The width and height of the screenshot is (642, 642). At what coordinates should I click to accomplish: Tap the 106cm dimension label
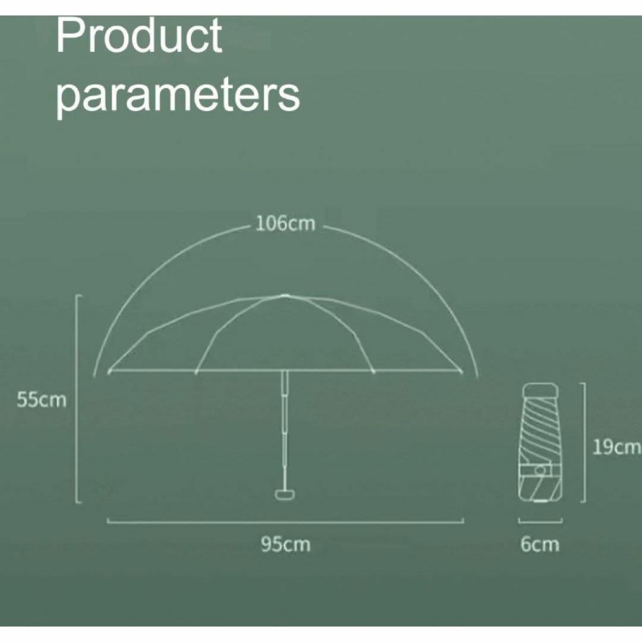(x=285, y=224)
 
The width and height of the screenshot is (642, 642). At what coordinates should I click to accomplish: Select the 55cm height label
(x=42, y=399)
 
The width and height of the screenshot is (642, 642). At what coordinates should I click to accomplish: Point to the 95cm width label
(x=285, y=545)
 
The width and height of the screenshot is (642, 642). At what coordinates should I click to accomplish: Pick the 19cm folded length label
(x=616, y=447)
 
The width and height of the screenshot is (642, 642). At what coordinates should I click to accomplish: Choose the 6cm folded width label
(x=540, y=545)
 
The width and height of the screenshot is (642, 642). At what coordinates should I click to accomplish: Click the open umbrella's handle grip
(x=285, y=494)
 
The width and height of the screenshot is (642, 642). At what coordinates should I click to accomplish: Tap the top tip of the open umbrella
(x=285, y=295)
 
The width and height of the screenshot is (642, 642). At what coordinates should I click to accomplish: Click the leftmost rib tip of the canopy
(x=109, y=372)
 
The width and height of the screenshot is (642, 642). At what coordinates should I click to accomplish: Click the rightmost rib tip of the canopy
(x=461, y=372)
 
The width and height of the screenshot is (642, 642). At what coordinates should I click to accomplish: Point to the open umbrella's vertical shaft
(x=285, y=430)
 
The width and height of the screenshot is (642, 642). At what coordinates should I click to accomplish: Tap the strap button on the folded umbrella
(x=541, y=470)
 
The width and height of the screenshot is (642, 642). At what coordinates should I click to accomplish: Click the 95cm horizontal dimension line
(x=285, y=522)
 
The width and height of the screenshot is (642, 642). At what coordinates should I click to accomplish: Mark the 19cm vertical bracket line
(x=584, y=442)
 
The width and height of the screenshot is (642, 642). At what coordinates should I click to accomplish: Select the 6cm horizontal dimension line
(x=540, y=521)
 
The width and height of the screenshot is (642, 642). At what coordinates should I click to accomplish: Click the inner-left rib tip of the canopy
(x=196, y=372)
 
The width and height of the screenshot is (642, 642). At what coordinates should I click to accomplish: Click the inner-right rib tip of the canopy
(x=373, y=372)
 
